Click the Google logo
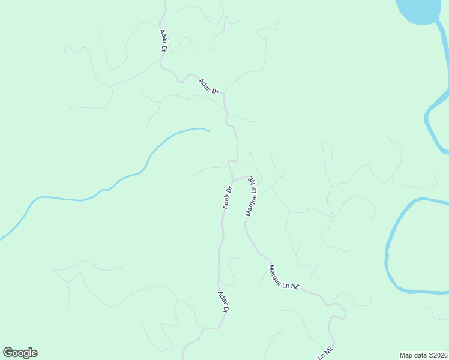pyautogui.click(x=20, y=353)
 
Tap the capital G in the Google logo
pyautogui.click(x=8, y=353)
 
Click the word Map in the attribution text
pyautogui.click(x=406, y=355)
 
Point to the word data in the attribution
pyautogui.click(x=420, y=355)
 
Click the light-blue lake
pyautogui.click(x=423, y=11)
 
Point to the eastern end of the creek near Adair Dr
pyautogui.click(x=208, y=130)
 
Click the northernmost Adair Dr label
pyautogui.click(x=163, y=40)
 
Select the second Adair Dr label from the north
pyautogui.click(x=210, y=86)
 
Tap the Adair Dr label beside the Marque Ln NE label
pyautogui.click(x=228, y=197)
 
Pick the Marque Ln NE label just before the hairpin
pyautogui.click(x=283, y=278)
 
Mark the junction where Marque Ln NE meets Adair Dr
pyautogui.click(x=233, y=179)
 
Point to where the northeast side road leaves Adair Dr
pyautogui.click(x=224, y=93)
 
